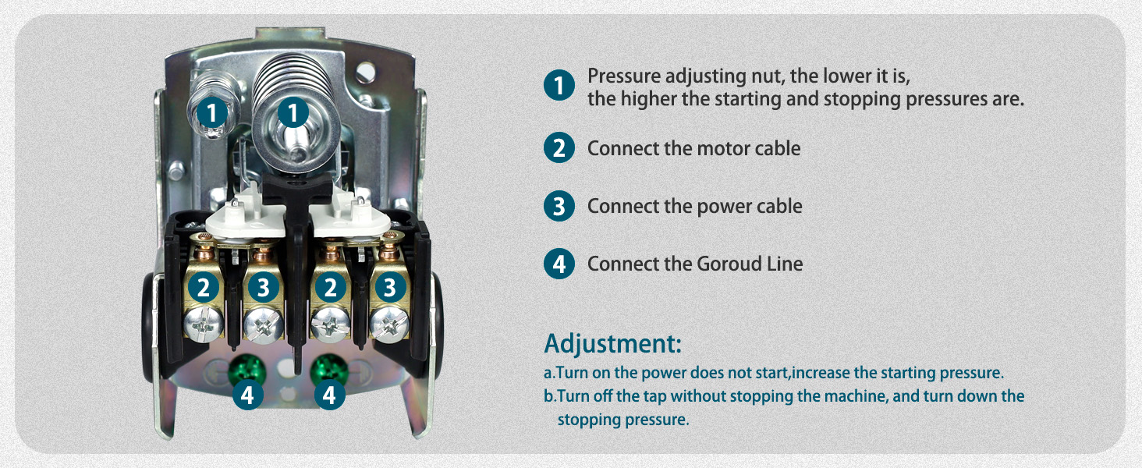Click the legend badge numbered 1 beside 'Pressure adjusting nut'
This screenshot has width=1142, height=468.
point(559,85)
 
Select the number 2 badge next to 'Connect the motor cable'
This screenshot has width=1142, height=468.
point(559,148)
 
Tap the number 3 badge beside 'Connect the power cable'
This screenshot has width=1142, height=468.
point(559,207)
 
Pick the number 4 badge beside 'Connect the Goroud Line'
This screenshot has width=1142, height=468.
point(559,264)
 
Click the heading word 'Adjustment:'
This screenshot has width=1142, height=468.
point(612,343)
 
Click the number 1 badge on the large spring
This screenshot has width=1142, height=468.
point(293,114)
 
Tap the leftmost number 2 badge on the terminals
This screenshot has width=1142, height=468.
point(203,288)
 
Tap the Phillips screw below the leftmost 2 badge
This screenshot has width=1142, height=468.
point(204,322)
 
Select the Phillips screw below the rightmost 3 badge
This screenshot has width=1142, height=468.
point(387,322)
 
